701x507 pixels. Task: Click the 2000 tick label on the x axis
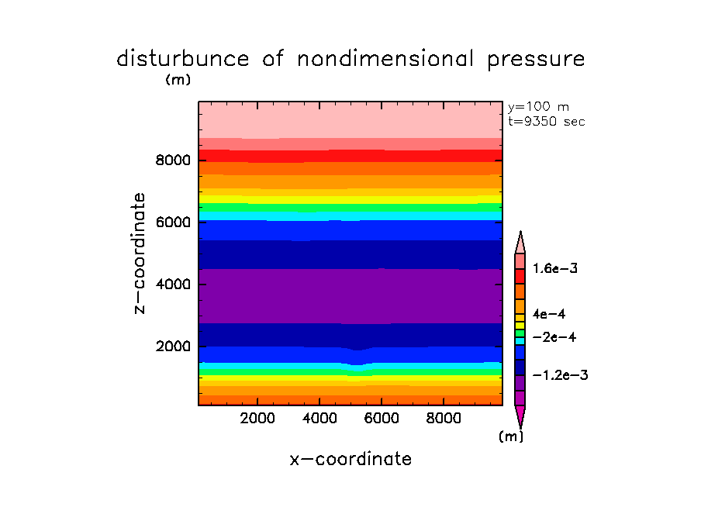tap(258, 419)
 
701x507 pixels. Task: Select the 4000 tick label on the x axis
tap(319, 419)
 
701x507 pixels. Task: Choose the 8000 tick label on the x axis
tap(443, 419)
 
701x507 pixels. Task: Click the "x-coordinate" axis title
tap(350, 459)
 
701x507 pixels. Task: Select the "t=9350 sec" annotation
tap(546, 122)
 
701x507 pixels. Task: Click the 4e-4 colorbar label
tap(549, 315)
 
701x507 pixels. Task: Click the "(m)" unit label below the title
tap(178, 79)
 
